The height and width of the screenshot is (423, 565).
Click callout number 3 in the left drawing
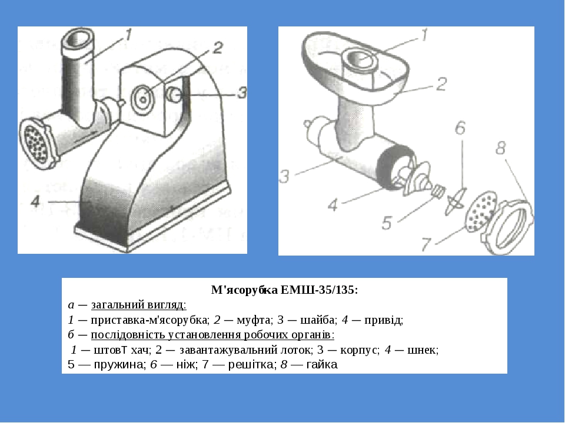pyautogui.click(x=241, y=93)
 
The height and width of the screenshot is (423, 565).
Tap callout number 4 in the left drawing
pyautogui.click(x=35, y=201)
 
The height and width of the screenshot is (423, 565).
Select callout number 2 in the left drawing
pyautogui.click(x=217, y=48)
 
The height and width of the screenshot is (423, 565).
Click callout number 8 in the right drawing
pyautogui.click(x=500, y=148)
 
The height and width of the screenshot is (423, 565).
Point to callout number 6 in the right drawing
pyautogui.click(x=460, y=127)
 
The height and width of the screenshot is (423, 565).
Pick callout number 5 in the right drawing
pyautogui.click(x=387, y=223)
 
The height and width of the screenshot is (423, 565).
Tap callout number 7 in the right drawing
pyautogui.click(x=426, y=244)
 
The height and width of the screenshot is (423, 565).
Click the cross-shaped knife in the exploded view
pyautogui.click(x=456, y=201)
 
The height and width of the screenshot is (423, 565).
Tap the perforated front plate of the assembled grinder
pyautogui.click(x=35, y=143)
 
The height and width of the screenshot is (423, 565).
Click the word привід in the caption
pyautogui.click(x=383, y=320)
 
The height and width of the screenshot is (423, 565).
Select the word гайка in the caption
pyautogui.click(x=322, y=364)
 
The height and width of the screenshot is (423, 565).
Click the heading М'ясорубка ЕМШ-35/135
pyautogui.click(x=284, y=290)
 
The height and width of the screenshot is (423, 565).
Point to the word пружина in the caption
pyautogui.click(x=119, y=365)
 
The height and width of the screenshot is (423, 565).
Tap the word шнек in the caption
pyautogui.click(x=422, y=350)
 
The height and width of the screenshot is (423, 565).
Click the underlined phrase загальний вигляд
pyautogui.click(x=139, y=305)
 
